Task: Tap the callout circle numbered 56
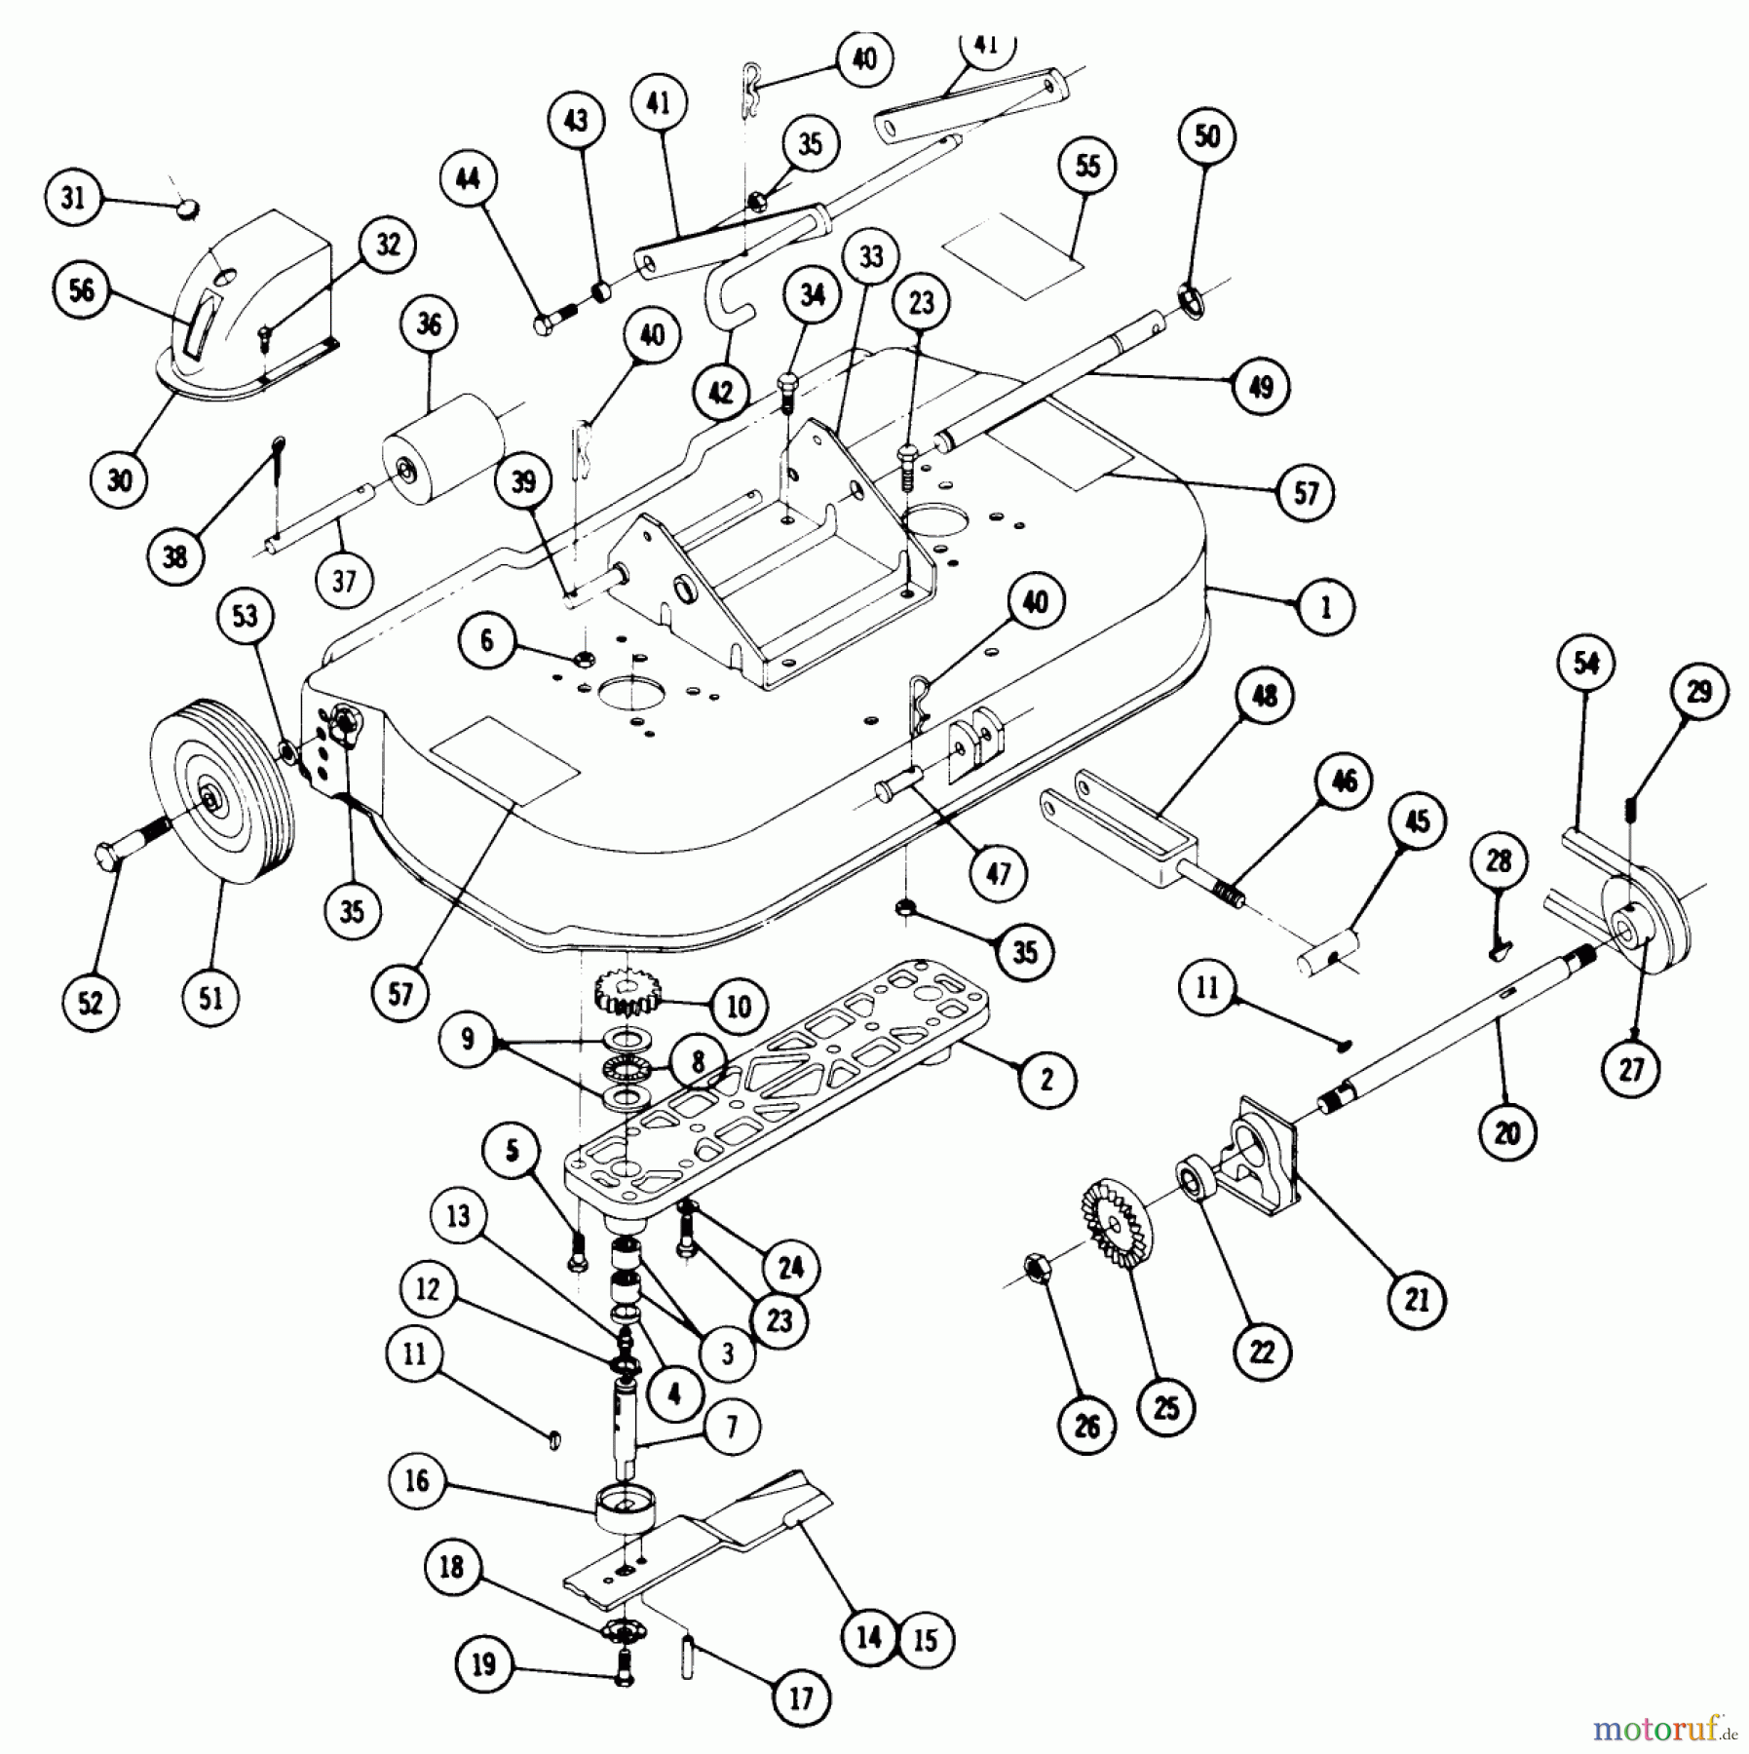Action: (x=83, y=289)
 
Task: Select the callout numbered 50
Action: (x=1206, y=136)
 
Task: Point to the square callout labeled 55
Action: (x=1087, y=166)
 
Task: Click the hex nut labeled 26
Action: (x=1037, y=1267)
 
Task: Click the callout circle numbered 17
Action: (x=800, y=1698)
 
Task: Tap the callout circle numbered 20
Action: (x=1506, y=1133)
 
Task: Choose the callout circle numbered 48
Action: (x=1264, y=697)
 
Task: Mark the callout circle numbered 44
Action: (x=468, y=179)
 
